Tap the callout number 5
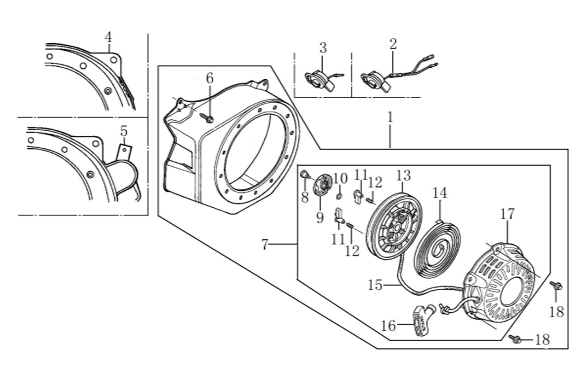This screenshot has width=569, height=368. (124, 131)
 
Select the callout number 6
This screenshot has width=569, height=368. (209, 78)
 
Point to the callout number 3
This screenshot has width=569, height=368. (323, 47)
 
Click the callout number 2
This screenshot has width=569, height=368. (393, 44)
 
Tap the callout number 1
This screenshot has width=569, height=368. (390, 117)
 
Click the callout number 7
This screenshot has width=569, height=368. (264, 245)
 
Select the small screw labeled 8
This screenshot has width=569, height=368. (304, 174)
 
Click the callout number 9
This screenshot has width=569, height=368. (320, 217)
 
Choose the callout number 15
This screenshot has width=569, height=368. (375, 285)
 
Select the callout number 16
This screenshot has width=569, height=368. (389, 326)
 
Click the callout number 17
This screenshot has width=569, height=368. (507, 214)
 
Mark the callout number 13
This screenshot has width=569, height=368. (403, 175)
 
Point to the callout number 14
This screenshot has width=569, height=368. (439, 193)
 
